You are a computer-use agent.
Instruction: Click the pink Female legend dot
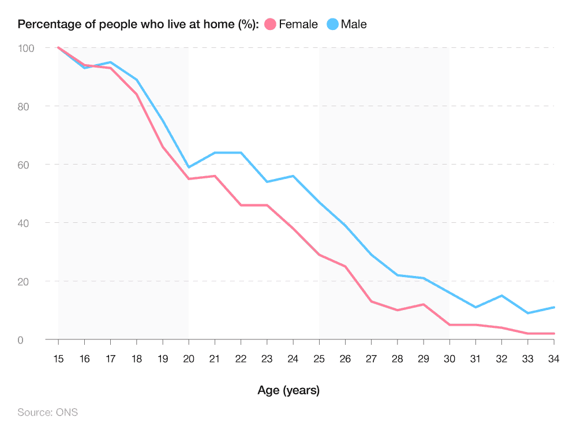270,24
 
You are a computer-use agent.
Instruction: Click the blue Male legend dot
332,24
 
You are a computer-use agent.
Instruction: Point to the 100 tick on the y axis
26,48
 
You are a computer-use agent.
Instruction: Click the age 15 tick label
58,359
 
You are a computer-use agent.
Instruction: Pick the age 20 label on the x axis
189,359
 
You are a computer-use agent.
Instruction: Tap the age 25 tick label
319,359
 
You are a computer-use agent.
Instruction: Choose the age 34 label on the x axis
553,359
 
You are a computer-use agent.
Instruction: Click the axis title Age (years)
288,390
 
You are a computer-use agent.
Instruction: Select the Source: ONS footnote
47,412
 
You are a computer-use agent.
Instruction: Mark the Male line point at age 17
110,62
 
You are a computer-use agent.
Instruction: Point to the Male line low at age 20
189,167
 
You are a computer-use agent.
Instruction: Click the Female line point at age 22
241,205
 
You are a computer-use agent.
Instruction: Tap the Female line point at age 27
371,301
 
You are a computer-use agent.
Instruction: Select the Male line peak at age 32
501,296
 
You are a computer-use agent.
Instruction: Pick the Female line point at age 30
449,325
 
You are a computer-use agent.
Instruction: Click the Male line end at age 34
553,307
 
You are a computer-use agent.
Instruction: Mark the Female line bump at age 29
424,304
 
